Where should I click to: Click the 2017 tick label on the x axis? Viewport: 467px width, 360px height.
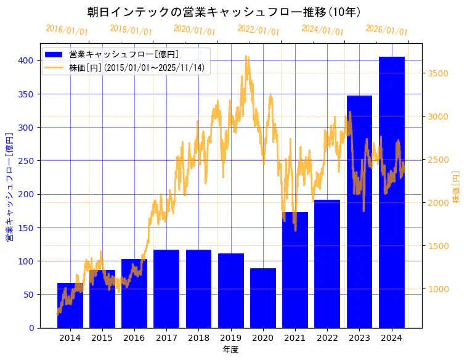click(x=166, y=338)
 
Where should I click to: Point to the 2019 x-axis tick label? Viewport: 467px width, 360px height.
click(x=231, y=338)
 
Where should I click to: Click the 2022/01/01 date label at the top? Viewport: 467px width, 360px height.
click(x=258, y=30)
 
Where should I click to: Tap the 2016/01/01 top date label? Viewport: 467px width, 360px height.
click(x=67, y=30)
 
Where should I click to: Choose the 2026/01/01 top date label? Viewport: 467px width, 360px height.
click(x=386, y=30)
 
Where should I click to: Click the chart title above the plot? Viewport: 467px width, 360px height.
click(x=224, y=12)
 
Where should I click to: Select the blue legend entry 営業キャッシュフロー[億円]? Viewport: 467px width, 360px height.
click(x=124, y=54)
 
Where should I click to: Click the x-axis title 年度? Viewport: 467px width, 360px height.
click(x=230, y=350)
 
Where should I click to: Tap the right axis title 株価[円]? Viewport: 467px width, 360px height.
click(x=456, y=187)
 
